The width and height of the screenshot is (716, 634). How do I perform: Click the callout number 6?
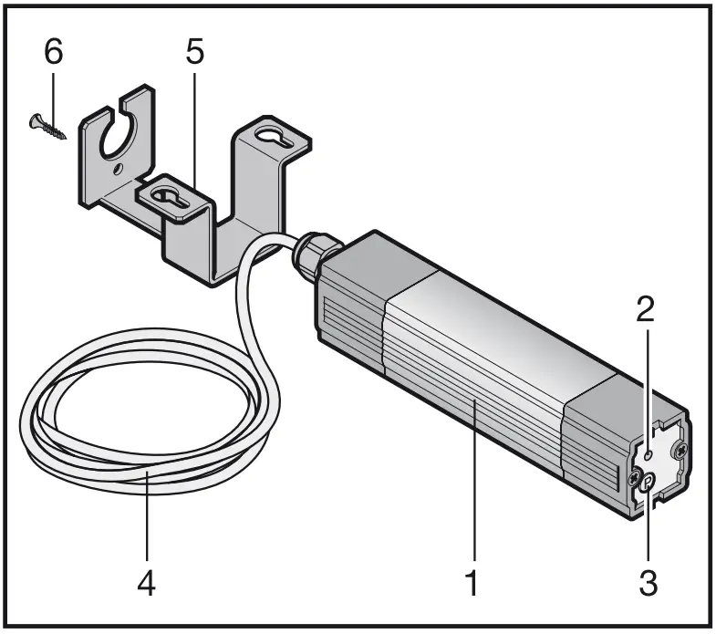pyautogui.click(x=54, y=52)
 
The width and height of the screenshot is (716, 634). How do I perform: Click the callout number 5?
pyautogui.click(x=194, y=52)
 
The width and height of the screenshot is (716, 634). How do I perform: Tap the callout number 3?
pyautogui.click(x=647, y=580)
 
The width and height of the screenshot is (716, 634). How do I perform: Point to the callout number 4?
pyautogui.click(x=146, y=581)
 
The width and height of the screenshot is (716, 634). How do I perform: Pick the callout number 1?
pyautogui.click(x=472, y=581)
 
